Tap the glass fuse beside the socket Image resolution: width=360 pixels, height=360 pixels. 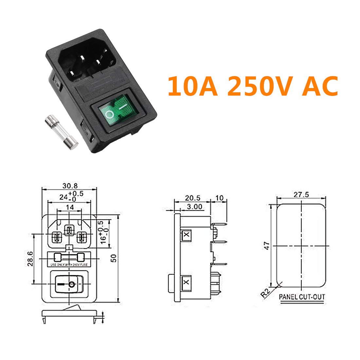tap(61, 131)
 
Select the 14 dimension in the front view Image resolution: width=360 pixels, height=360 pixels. tap(70, 207)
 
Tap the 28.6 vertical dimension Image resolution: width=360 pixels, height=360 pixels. tap(30, 259)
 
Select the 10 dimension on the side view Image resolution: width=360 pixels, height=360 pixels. tap(219, 198)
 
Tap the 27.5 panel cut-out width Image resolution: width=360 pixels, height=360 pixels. tap(301, 194)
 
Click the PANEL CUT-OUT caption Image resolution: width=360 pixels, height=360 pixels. tap(302, 297)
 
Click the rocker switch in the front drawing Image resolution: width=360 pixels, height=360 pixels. tap(69, 284)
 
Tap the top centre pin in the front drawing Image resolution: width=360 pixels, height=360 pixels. tap(69, 230)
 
